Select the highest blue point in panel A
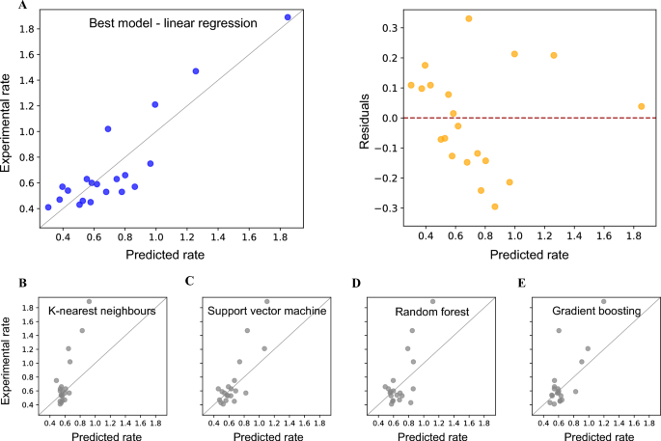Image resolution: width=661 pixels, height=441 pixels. pyautogui.click(x=288, y=17)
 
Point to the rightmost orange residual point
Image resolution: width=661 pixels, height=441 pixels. pyautogui.click(x=642, y=106)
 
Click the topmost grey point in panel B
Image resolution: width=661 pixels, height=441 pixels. pyautogui.click(x=89, y=301)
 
